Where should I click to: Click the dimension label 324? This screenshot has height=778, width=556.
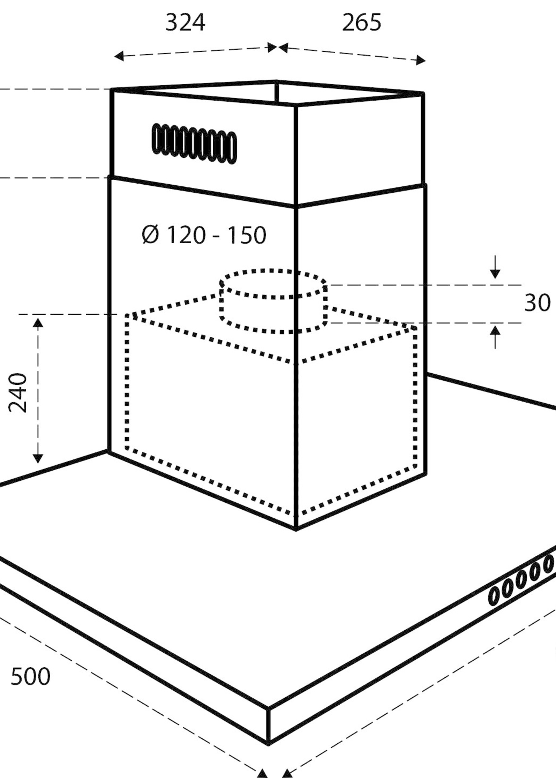coord(185,23)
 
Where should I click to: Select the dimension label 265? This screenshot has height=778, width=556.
coord(361,23)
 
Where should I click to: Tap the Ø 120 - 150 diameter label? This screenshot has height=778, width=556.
coord(204,235)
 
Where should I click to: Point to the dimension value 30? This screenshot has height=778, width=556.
coord(537,303)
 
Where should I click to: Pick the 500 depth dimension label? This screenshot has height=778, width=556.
coord(31,676)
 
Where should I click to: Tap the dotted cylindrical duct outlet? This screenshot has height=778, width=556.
coord(273,301)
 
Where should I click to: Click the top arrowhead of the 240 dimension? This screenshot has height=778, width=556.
coord(38,322)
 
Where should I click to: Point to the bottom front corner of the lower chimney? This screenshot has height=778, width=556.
coord(296,529)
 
